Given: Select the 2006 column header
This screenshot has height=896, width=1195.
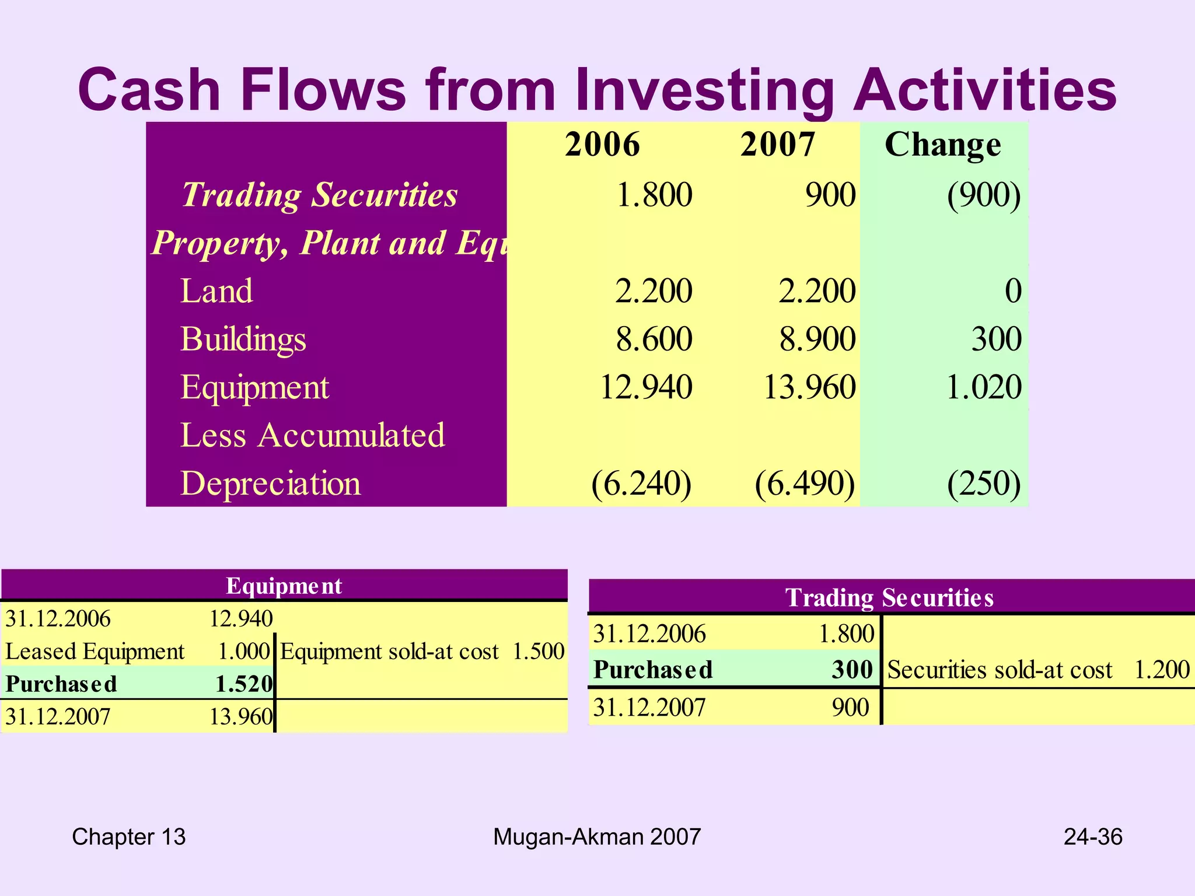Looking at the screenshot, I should [x=602, y=144].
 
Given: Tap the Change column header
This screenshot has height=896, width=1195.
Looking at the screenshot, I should [x=942, y=145].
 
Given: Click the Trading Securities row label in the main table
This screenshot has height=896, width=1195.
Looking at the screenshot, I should [x=320, y=194].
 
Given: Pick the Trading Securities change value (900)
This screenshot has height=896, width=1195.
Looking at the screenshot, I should [x=984, y=195].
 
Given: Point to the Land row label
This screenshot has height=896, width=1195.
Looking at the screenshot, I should [x=216, y=290].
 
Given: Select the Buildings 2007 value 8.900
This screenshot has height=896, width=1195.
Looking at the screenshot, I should [x=817, y=339].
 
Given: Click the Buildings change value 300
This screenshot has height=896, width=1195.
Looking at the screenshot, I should [x=996, y=339].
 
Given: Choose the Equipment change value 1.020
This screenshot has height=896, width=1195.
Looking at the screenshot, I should [x=984, y=387].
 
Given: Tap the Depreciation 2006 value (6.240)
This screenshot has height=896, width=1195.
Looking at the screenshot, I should [x=641, y=484].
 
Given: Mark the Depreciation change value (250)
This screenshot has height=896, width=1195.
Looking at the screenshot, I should [x=984, y=484].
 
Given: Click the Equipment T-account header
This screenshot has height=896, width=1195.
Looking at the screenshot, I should [x=284, y=586].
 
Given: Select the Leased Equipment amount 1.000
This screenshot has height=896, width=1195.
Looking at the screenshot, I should [x=244, y=651].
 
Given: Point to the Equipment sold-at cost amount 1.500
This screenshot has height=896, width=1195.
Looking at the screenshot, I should [x=539, y=651].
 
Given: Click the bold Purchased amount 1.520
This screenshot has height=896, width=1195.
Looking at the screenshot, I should [x=244, y=684].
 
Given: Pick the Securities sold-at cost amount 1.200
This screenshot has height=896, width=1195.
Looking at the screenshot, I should [x=1162, y=670].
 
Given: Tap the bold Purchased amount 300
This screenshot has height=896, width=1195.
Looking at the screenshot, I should [x=852, y=670].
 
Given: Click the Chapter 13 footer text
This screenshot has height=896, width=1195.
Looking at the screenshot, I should [x=129, y=837].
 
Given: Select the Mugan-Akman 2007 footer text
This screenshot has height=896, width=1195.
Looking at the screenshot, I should [x=597, y=837].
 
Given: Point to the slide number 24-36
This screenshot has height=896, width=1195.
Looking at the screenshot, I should [x=1093, y=837].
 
